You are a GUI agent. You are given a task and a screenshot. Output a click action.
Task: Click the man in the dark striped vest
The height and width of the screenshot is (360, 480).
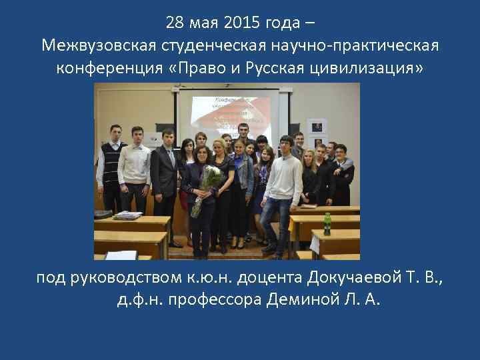(111, 163)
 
